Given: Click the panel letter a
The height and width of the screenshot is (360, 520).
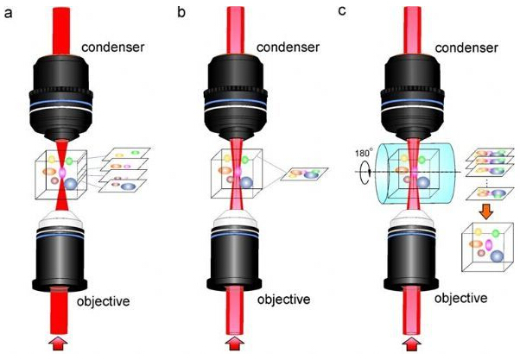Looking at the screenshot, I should tap(6, 12).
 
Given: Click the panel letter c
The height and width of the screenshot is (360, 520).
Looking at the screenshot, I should tap(354, 11).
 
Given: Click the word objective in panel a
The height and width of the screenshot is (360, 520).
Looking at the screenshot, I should tap(101, 301).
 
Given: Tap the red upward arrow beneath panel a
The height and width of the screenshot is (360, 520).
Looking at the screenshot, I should tap(59, 346).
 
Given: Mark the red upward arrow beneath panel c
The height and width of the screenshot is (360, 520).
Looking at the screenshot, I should tap(415, 346).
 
